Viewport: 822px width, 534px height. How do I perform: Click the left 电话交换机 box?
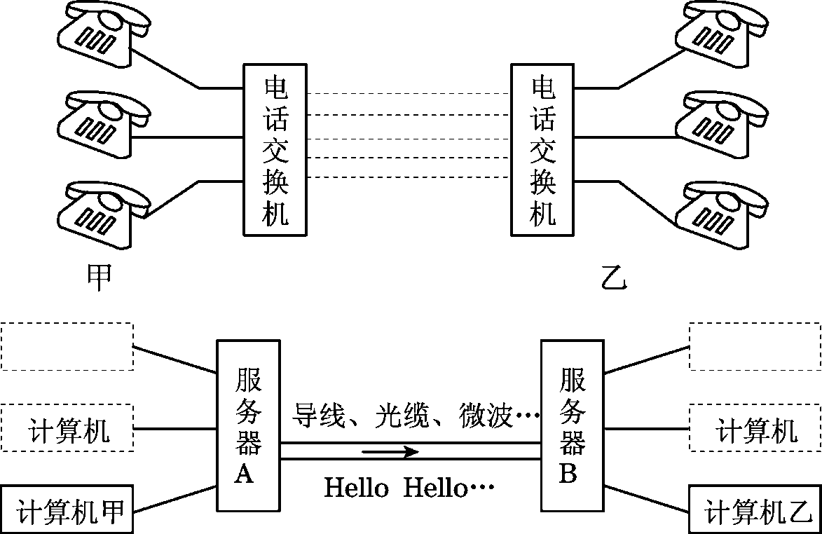tap(275, 150)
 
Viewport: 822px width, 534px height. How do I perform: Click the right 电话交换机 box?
tap(543, 150)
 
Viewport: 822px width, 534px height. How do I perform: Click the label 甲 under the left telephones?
tap(99, 278)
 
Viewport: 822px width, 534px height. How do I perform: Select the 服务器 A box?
tap(247, 425)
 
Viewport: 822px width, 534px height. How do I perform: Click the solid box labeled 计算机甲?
tap(68, 509)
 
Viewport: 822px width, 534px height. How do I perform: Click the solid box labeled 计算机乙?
tap(755, 509)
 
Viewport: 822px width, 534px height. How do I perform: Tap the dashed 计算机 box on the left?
tap(68, 428)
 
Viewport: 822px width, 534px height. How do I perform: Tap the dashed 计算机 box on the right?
tap(755, 428)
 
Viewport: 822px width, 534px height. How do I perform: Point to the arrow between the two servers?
tap(390, 451)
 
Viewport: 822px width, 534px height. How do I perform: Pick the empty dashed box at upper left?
tap(68, 346)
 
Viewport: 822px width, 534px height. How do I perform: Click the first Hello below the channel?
tap(356, 488)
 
